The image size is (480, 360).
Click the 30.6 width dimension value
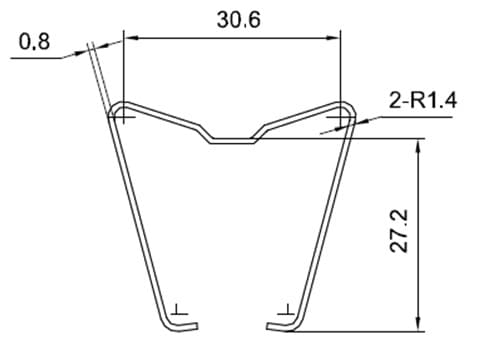239,19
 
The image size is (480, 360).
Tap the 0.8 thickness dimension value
34,42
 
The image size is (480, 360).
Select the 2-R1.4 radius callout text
423,100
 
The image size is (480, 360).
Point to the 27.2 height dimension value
399,230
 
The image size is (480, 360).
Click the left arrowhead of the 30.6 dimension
131,38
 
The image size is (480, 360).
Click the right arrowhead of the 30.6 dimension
333,38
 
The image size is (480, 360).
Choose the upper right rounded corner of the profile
348,107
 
